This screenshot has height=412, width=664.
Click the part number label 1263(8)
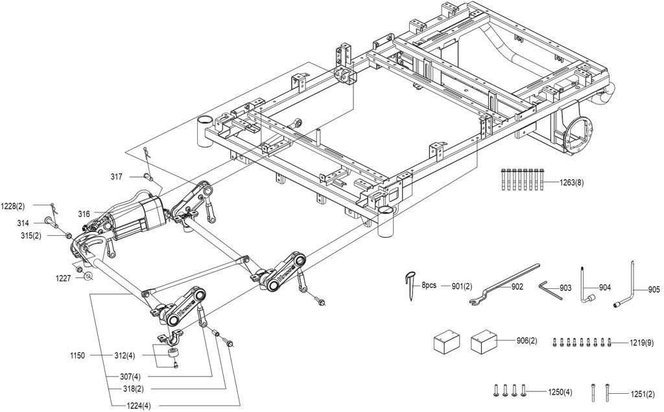click(x=572, y=183)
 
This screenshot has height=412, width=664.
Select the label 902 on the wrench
click(x=517, y=287)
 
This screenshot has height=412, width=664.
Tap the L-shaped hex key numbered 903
click(x=551, y=290)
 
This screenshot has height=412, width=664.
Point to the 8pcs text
click(x=429, y=286)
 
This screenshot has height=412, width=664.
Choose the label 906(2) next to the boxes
click(x=527, y=341)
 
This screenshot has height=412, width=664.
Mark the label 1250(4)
click(x=560, y=392)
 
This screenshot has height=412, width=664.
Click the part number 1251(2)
click(x=643, y=395)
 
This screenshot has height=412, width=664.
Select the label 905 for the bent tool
click(x=654, y=290)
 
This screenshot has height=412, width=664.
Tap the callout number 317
click(x=117, y=177)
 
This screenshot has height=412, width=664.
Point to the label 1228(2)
click(x=13, y=207)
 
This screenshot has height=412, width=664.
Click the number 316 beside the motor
click(x=84, y=214)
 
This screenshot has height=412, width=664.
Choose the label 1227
click(x=64, y=278)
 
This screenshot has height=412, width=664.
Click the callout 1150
click(x=77, y=356)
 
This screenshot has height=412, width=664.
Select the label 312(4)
click(x=125, y=356)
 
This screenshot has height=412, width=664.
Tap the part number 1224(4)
click(x=139, y=406)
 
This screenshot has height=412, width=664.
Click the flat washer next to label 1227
click(x=88, y=277)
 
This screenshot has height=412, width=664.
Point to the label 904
click(x=605, y=288)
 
